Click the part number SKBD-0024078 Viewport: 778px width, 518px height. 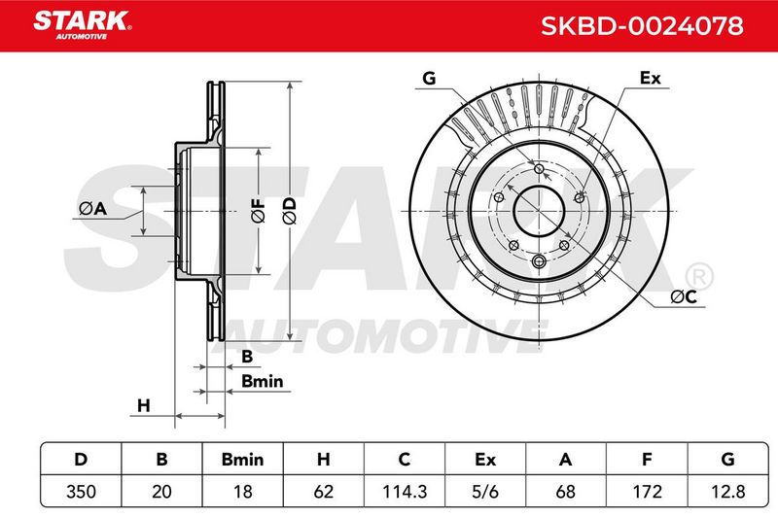click(x=642, y=26)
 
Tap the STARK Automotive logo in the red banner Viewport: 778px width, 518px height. click(x=83, y=25)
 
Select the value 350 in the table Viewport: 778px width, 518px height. click(x=81, y=491)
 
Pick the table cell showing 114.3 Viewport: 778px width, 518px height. click(x=405, y=491)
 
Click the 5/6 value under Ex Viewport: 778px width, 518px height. click(x=485, y=491)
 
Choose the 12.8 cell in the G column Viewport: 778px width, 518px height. click(x=727, y=491)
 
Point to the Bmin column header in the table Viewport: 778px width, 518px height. click(x=242, y=459)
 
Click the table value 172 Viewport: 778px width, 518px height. click(x=647, y=491)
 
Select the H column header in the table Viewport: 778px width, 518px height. click(x=324, y=459)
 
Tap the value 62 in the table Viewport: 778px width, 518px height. click(x=324, y=491)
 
